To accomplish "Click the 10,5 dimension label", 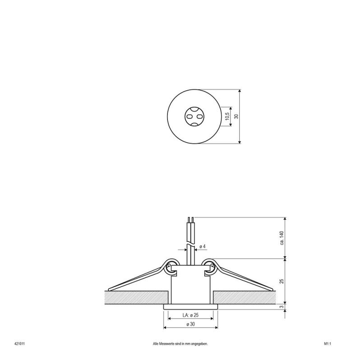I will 228,116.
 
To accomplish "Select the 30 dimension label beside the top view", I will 236,116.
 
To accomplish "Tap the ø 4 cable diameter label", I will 203,246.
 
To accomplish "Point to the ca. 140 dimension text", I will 281,238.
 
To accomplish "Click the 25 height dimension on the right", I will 281,281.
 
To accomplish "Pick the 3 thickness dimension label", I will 281,307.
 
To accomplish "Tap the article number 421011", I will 19,343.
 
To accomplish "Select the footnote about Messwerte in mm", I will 180,343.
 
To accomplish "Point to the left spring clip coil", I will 171,266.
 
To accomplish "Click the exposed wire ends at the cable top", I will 191,221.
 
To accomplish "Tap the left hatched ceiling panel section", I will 135,297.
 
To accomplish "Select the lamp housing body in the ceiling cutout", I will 190,289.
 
